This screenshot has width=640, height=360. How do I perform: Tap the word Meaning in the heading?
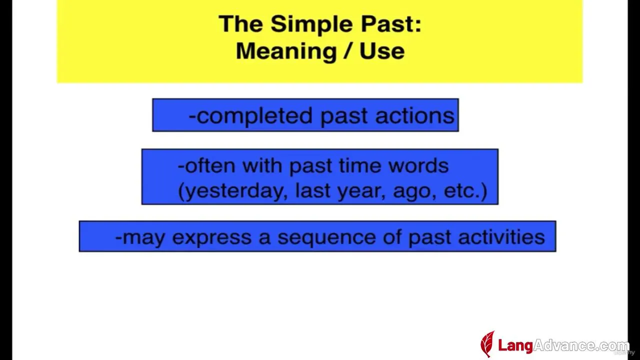pos(286,51)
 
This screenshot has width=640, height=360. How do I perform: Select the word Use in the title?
pos(382,51)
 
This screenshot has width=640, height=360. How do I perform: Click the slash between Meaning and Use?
pos(348,51)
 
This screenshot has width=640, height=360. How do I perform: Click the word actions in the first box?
pos(415,115)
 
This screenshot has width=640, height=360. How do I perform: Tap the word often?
pos(210,165)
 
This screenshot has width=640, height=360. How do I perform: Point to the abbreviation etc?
pos(462,191)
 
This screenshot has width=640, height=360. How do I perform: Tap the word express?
pos(211,238)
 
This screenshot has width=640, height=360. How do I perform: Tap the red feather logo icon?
pos(487,344)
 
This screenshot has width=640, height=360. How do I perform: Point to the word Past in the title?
pos(391,24)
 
